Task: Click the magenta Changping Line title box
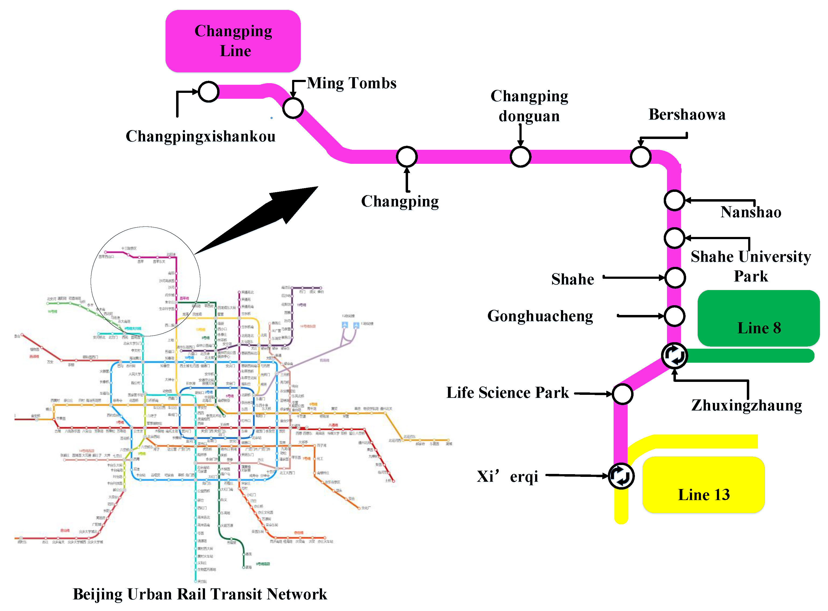click(x=233, y=41)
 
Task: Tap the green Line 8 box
click(x=758, y=318)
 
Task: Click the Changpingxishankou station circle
click(x=208, y=92)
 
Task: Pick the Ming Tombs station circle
click(x=293, y=108)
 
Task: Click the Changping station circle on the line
click(x=407, y=157)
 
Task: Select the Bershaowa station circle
click(x=640, y=157)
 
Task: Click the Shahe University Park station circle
click(x=674, y=238)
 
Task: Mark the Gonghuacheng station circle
click(x=674, y=316)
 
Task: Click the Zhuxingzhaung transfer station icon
click(x=674, y=355)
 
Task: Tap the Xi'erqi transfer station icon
click(x=621, y=476)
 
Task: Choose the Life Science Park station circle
click(x=622, y=394)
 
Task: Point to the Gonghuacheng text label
click(x=540, y=316)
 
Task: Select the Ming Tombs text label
click(x=351, y=83)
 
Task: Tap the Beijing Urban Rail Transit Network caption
click(x=200, y=594)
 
